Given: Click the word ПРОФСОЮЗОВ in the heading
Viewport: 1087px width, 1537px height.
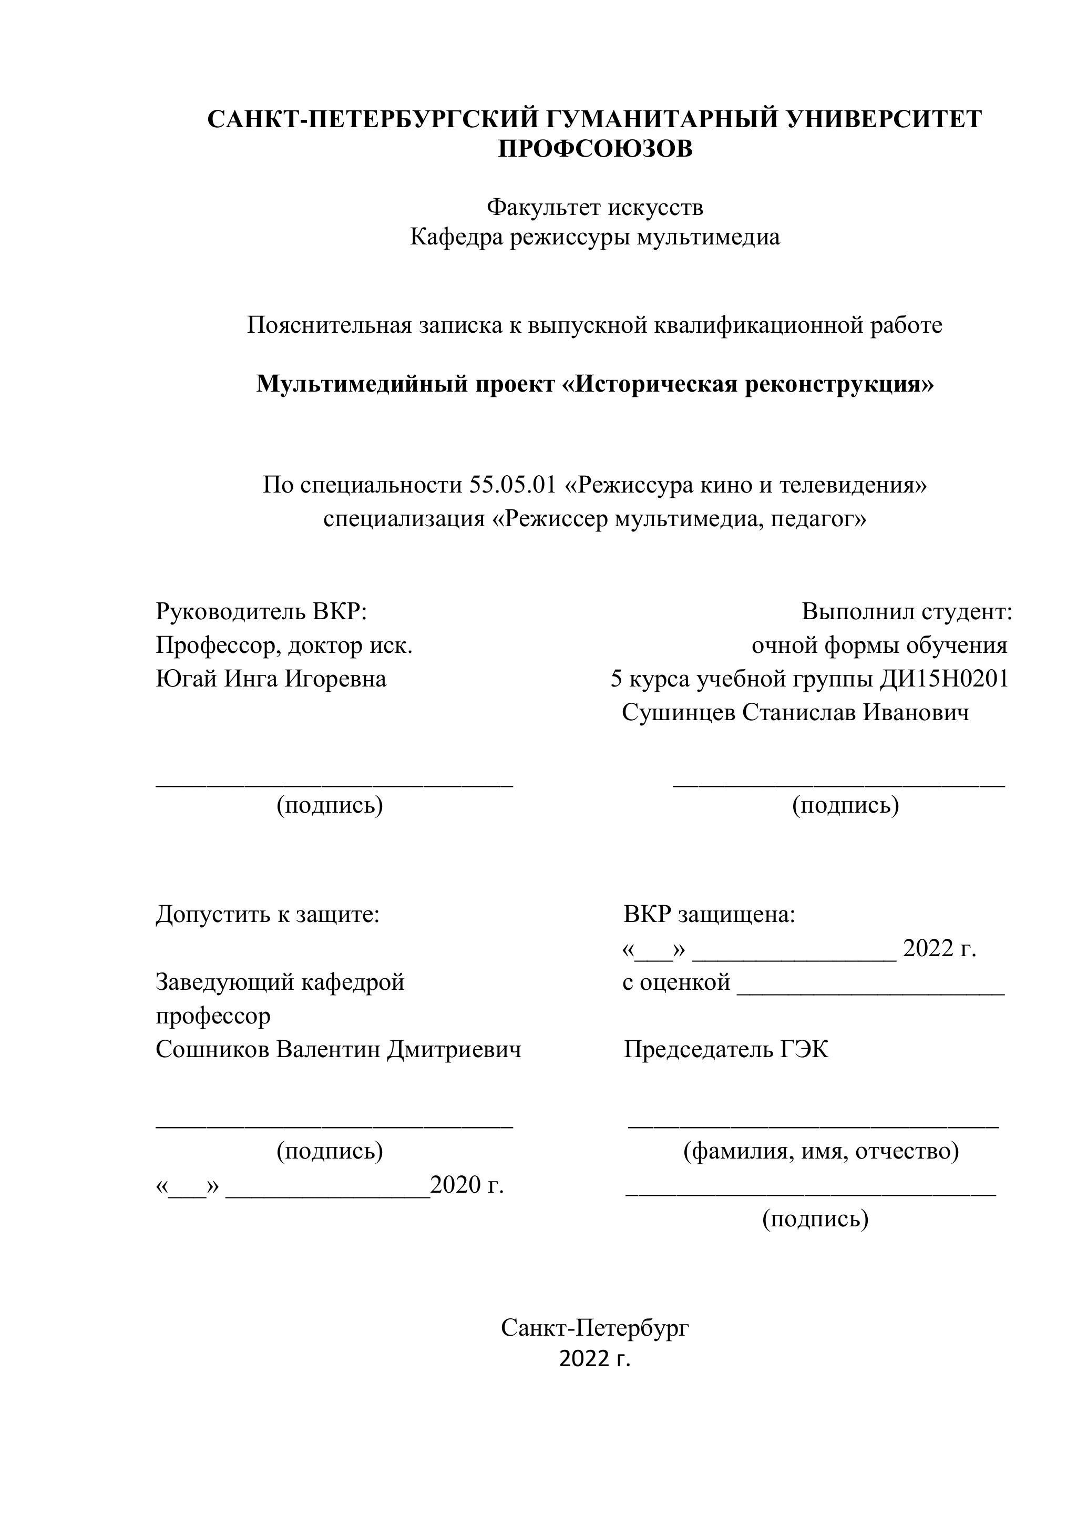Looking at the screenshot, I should coord(595,149).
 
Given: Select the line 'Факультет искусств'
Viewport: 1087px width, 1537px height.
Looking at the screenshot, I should coord(594,208).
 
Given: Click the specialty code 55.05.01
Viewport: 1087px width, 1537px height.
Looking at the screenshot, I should coord(512,485).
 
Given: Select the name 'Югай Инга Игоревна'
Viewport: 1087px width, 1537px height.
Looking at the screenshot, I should coord(271,679).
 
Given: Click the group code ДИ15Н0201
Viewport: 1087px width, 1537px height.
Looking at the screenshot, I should coord(943,679).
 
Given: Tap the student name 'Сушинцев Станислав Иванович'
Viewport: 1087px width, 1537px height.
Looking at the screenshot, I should coord(795,712).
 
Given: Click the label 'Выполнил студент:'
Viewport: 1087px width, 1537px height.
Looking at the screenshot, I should coord(906,611).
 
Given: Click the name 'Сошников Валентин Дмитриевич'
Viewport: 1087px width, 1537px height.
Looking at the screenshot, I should coord(338,1050).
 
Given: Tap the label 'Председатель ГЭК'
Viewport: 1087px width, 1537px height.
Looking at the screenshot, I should coord(725,1050).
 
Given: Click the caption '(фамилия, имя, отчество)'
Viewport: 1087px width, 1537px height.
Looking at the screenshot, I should coord(821,1151).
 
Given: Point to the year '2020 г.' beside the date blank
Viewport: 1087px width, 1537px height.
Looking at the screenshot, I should coord(467,1185).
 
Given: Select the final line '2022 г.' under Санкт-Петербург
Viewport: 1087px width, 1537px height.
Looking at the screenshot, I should coord(594,1359).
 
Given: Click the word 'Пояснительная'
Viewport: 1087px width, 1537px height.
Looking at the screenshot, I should coord(327,325).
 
